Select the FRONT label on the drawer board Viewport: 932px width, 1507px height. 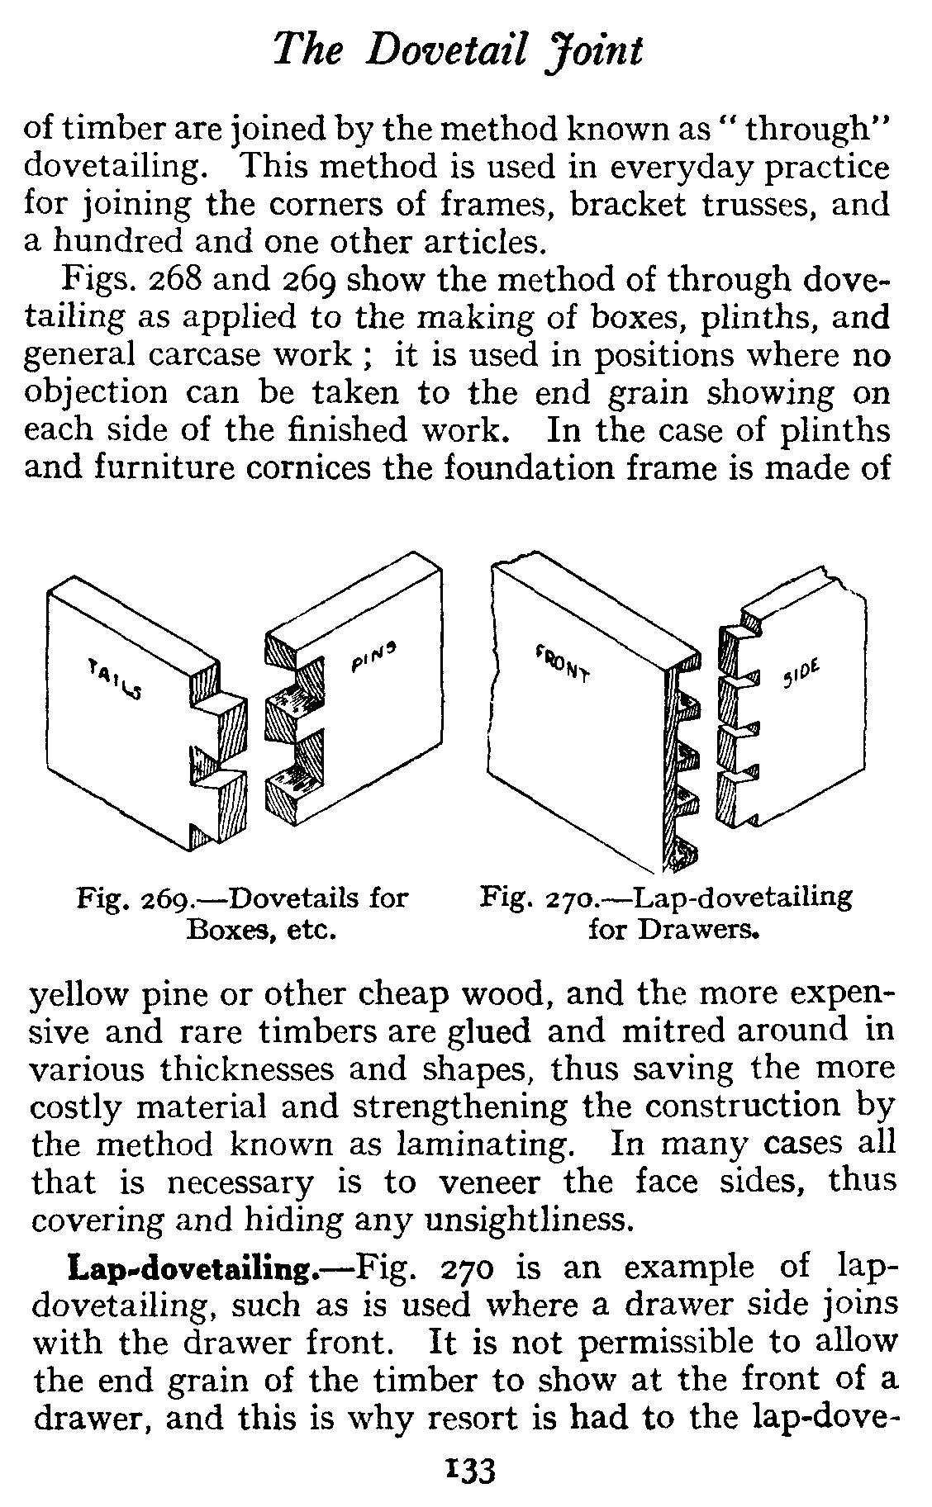[563, 661]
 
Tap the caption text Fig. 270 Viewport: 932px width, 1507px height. [534, 897]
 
